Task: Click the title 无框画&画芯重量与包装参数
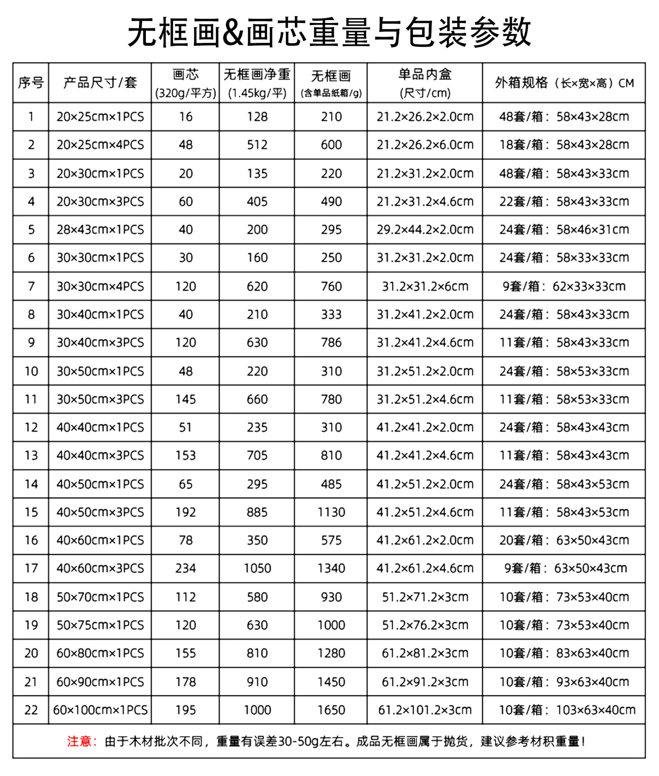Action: click(x=329, y=32)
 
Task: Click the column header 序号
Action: click(x=31, y=83)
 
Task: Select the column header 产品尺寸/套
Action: click(x=100, y=83)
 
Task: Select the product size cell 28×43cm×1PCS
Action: click(x=100, y=230)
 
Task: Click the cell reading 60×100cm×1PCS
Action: click(x=100, y=710)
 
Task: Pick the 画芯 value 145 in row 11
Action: click(x=185, y=399)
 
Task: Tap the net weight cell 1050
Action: click(x=257, y=568)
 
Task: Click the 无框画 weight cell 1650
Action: click(x=331, y=710)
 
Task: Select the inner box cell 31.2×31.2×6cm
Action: click(x=425, y=287)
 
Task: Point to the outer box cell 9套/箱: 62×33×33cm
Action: click(x=564, y=287)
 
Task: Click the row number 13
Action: click(x=31, y=455)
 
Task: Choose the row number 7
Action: click(x=31, y=287)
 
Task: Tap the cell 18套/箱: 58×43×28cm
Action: click(x=564, y=145)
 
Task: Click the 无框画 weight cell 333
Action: click(x=331, y=314)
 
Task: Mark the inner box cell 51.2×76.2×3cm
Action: click(x=425, y=625)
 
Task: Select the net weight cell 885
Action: click(x=257, y=512)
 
